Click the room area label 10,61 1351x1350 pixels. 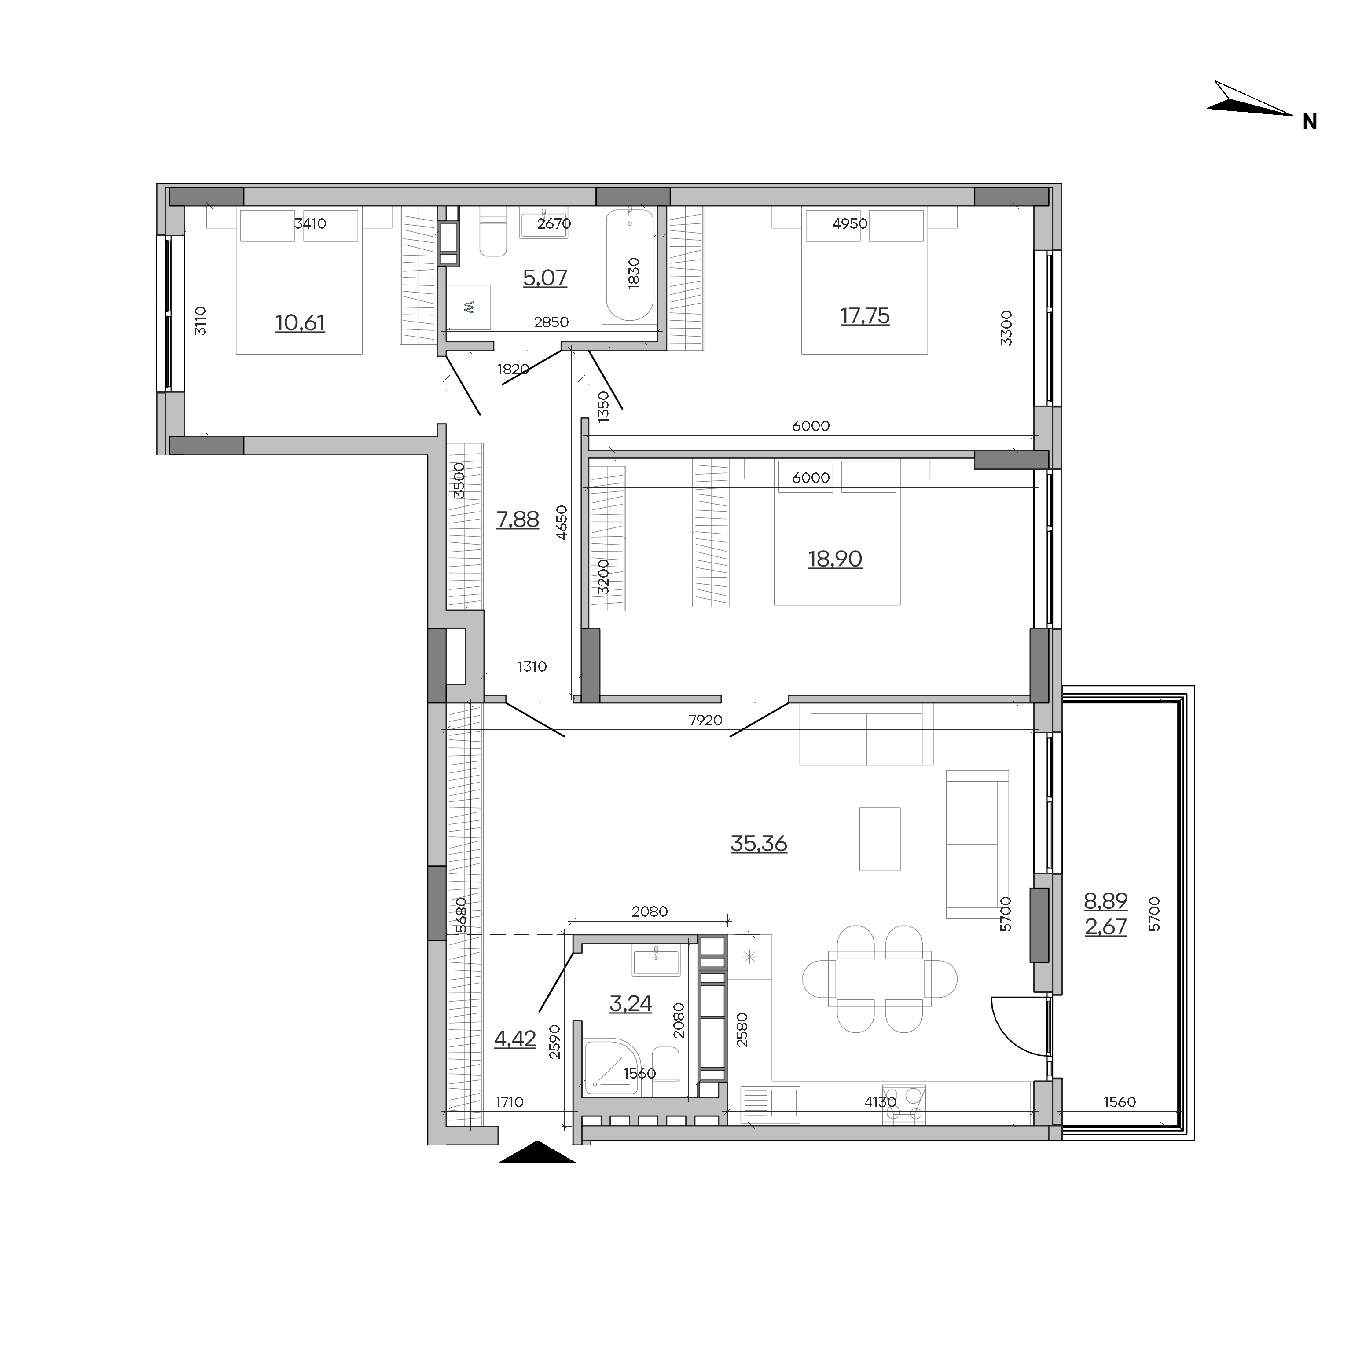tap(300, 323)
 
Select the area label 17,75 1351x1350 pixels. tap(865, 316)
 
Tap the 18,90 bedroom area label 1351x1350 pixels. tap(835, 559)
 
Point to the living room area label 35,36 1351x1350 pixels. tap(759, 844)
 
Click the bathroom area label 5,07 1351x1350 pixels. tap(545, 278)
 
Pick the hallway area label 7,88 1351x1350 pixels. tap(518, 520)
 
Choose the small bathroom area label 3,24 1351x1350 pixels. tap(631, 1004)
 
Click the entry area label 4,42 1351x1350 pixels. tap(515, 1039)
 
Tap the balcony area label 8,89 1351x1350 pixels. tap(1105, 901)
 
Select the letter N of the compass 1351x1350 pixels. tap(1310, 122)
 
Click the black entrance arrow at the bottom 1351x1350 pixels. tap(537, 1152)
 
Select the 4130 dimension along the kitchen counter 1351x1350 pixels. tap(880, 1102)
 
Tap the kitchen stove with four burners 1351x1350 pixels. tap(904, 1105)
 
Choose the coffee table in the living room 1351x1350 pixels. tap(880, 839)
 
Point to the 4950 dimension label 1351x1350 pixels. tap(850, 224)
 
